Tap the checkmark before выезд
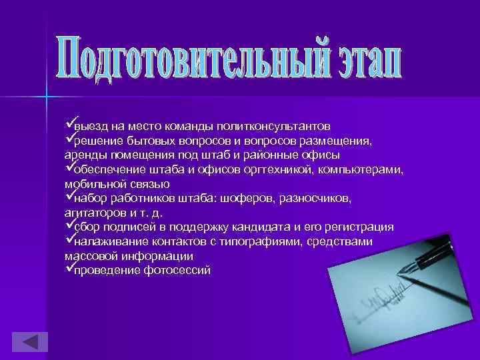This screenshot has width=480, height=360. coord(69,124)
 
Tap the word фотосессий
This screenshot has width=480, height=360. coord(177,271)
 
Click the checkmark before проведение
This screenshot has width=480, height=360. coord(69,269)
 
